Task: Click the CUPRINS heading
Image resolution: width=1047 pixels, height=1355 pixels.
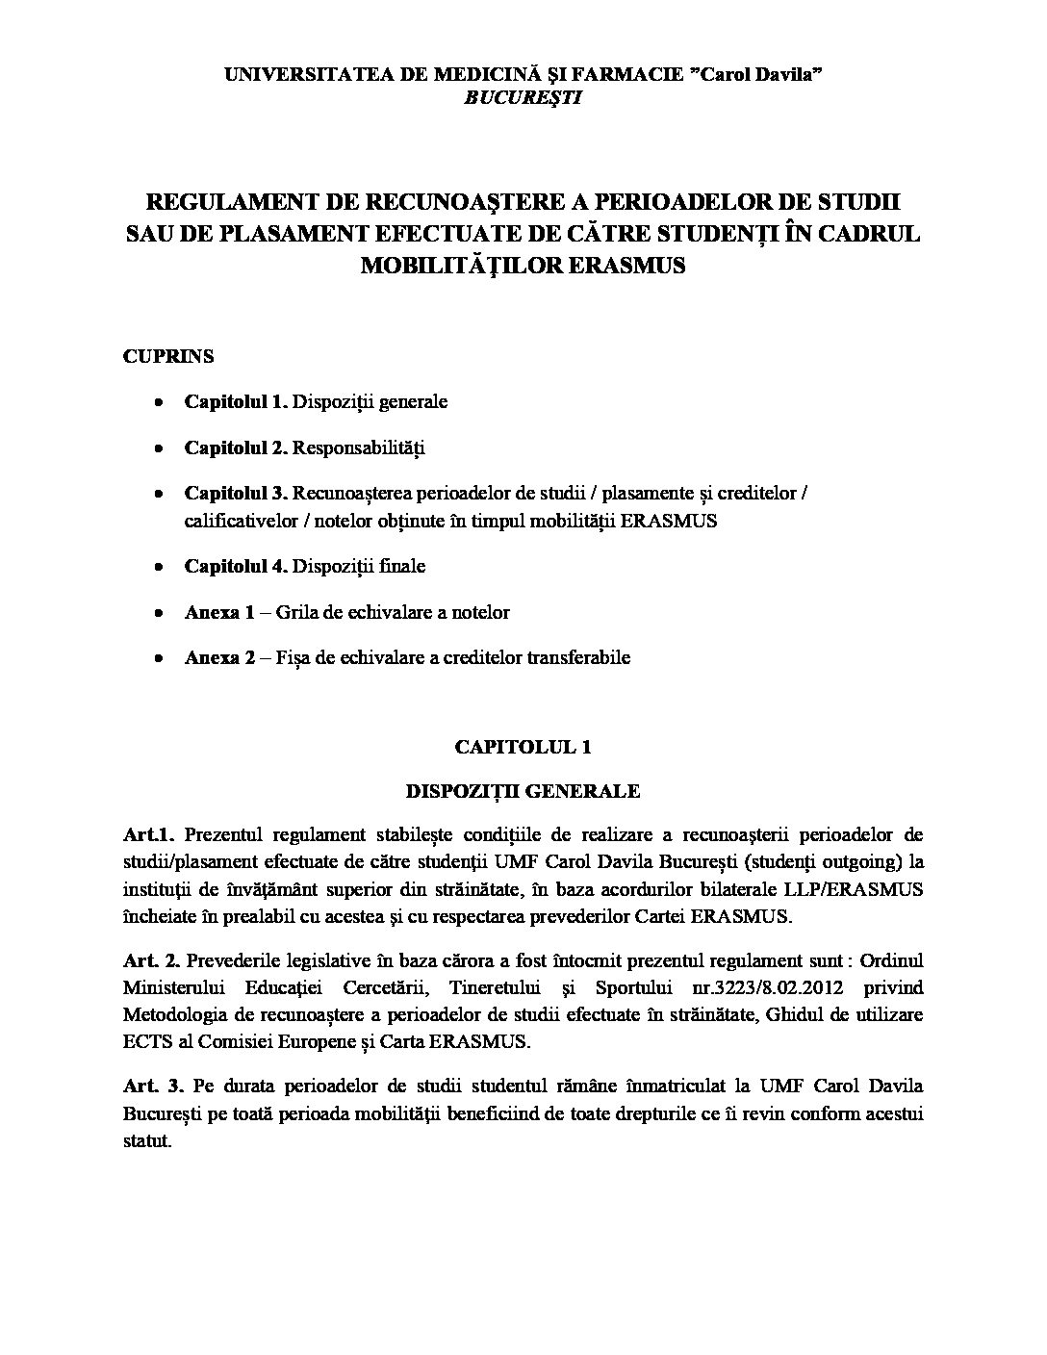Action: click(x=168, y=356)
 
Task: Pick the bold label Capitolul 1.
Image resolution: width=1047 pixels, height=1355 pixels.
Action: click(x=236, y=401)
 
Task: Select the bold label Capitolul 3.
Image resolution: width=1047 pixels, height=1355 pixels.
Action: click(x=236, y=494)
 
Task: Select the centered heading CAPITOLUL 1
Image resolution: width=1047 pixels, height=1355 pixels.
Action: click(x=523, y=746)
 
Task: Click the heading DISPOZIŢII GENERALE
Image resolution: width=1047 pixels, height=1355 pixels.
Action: click(x=523, y=791)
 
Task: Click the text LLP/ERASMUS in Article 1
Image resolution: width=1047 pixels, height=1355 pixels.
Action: click(x=862, y=889)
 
